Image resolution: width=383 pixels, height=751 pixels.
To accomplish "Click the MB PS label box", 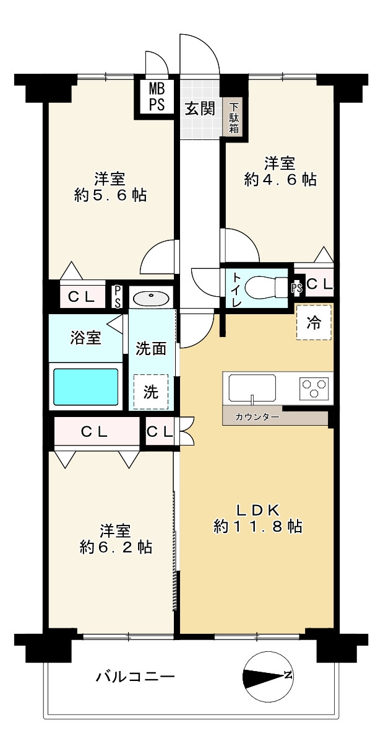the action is pyautogui.click(x=157, y=97).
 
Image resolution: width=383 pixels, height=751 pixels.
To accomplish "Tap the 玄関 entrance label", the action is pyautogui.click(x=200, y=109).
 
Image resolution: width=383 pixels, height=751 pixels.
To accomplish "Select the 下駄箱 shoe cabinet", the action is pyautogui.click(x=234, y=117).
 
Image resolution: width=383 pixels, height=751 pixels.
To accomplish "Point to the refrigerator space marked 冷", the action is pyautogui.click(x=314, y=323).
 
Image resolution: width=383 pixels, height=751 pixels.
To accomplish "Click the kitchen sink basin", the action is pyautogui.click(x=252, y=388).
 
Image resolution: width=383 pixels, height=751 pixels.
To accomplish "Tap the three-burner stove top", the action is pyautogui.click(x=314, y=387).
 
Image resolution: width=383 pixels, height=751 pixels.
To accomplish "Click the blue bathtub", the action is pyautogui.click(x=86, y=387).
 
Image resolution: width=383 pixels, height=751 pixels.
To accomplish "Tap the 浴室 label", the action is pyautogui.click(x=85, y=337).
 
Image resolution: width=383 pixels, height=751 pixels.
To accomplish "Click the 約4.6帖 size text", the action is pyautogui.click(x=280, y=180).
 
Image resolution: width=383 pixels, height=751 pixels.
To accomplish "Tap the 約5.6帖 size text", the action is pyautogui.click(x=110, y=195).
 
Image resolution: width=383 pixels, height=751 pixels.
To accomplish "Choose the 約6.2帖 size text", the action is pyautogui.click(x=116, y=548).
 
